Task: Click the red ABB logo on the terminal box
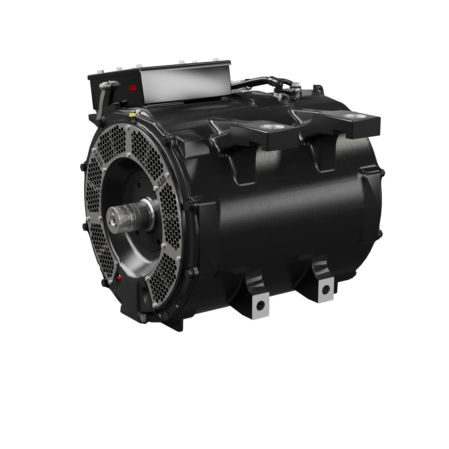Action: [x=132, y=88]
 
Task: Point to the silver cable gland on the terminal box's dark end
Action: [x=105, y=86]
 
